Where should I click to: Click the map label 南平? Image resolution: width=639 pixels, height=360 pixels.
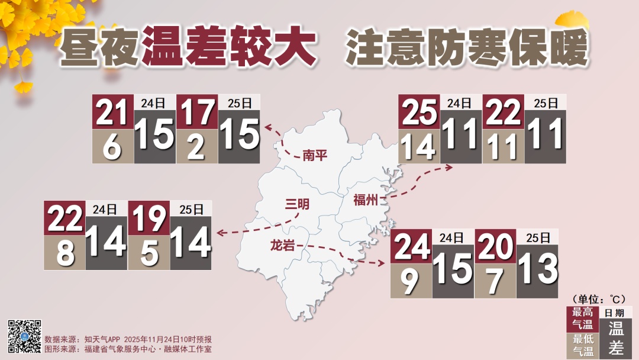pos(314,155)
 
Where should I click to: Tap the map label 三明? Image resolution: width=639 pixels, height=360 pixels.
pos(298,204)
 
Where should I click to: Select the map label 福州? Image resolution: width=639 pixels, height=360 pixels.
pos(365,200)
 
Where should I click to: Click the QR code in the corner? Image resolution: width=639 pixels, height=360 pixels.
pos(24,336)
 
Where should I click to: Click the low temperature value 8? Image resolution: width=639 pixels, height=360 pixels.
pos(64,253)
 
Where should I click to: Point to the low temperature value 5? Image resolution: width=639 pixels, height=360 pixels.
pos(149,253)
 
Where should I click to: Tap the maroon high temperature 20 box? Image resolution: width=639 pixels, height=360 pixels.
pos(495,246)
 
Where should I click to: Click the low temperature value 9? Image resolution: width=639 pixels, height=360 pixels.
pos(411,281)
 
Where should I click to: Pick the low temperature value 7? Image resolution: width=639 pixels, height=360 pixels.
pos(495,281)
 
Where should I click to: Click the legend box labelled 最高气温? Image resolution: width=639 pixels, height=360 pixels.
pos(582,319)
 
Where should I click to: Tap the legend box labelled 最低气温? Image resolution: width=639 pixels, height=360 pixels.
pos(582,346)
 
